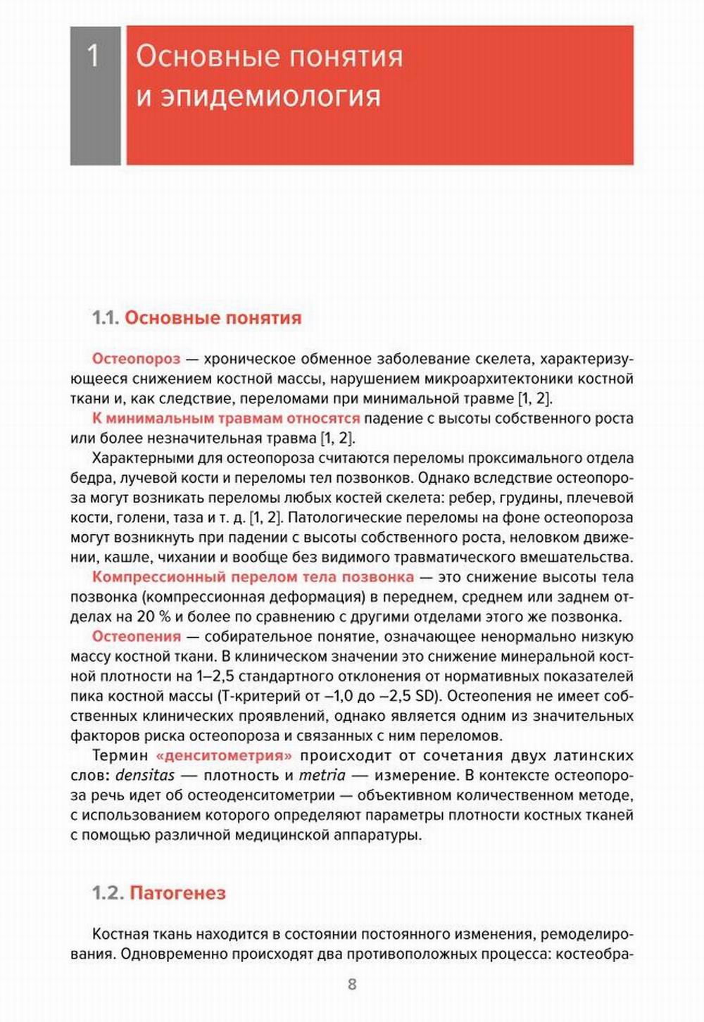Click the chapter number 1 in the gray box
tap(94, 56)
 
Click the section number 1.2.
tap(108, 893)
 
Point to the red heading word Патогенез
tap(178, 893)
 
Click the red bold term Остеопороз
tap(136, 359)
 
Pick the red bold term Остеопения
tap(137, 636)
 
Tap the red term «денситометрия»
tap(225, 755)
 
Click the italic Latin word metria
tap(322, 776)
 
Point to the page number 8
tap(352, 984)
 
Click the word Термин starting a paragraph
tap(120, 755)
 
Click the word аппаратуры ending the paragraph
tap(377, 835)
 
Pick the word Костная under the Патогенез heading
tap(120, 935)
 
